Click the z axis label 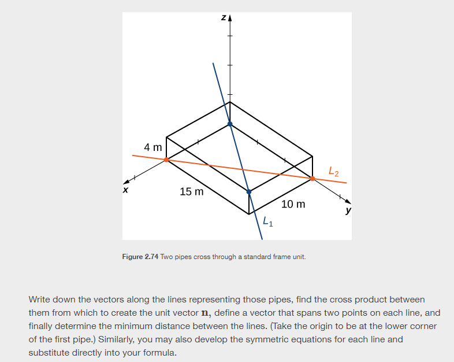(223, 19)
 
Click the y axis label (348, 210)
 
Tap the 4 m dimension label (153, 147)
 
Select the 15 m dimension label (191, 191)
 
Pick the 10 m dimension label (293, 204)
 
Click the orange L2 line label (333, 171)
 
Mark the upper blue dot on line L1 (230, 124)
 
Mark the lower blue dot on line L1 (249, 191)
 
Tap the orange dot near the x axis (166, 160)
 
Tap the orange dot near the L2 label (312, 179)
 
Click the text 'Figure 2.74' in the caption (141, 256)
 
